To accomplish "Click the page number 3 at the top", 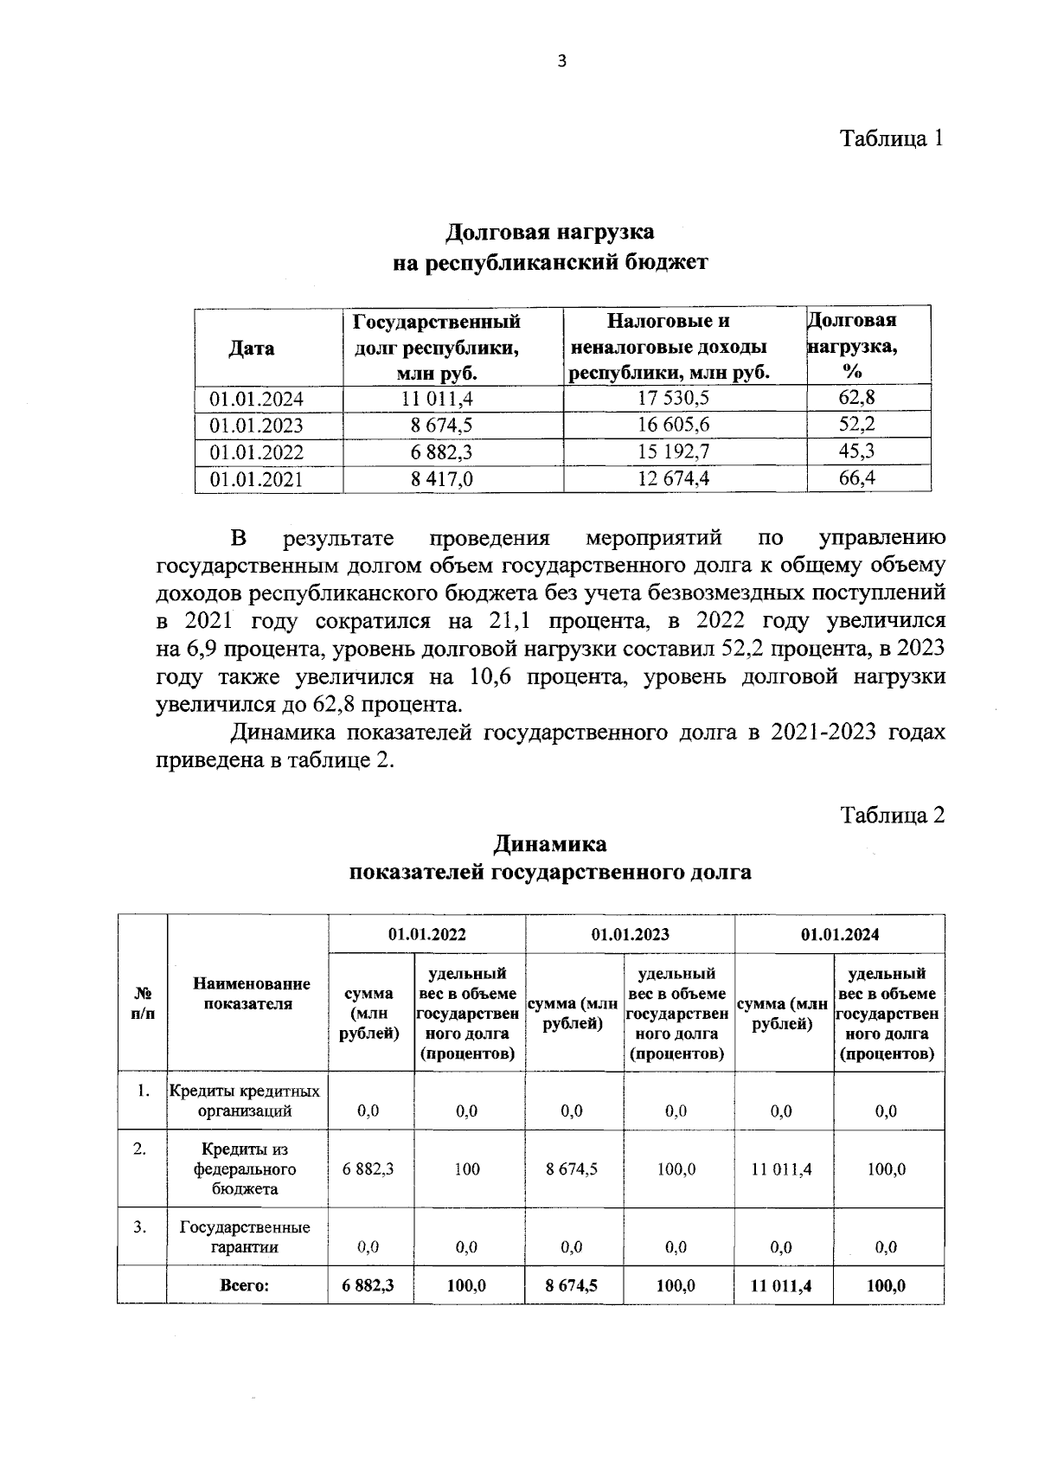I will coord(562,61).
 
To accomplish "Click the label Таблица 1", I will coord(892,138).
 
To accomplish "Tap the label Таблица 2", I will coord(892,815).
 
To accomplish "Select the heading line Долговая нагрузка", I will coord(549,232).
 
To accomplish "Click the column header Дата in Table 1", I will coord(251,349).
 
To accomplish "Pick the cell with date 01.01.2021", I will coord(256,479).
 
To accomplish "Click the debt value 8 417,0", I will coord(442,479).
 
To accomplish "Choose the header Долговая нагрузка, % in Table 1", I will coord(852,346).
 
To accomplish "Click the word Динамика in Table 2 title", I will coord(549,843).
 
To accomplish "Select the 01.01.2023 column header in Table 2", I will coord(630,934).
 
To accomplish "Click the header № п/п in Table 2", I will coord(142,1003).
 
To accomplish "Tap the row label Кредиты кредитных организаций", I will coord(245,1101).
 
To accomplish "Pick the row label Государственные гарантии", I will coord(245,1238).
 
